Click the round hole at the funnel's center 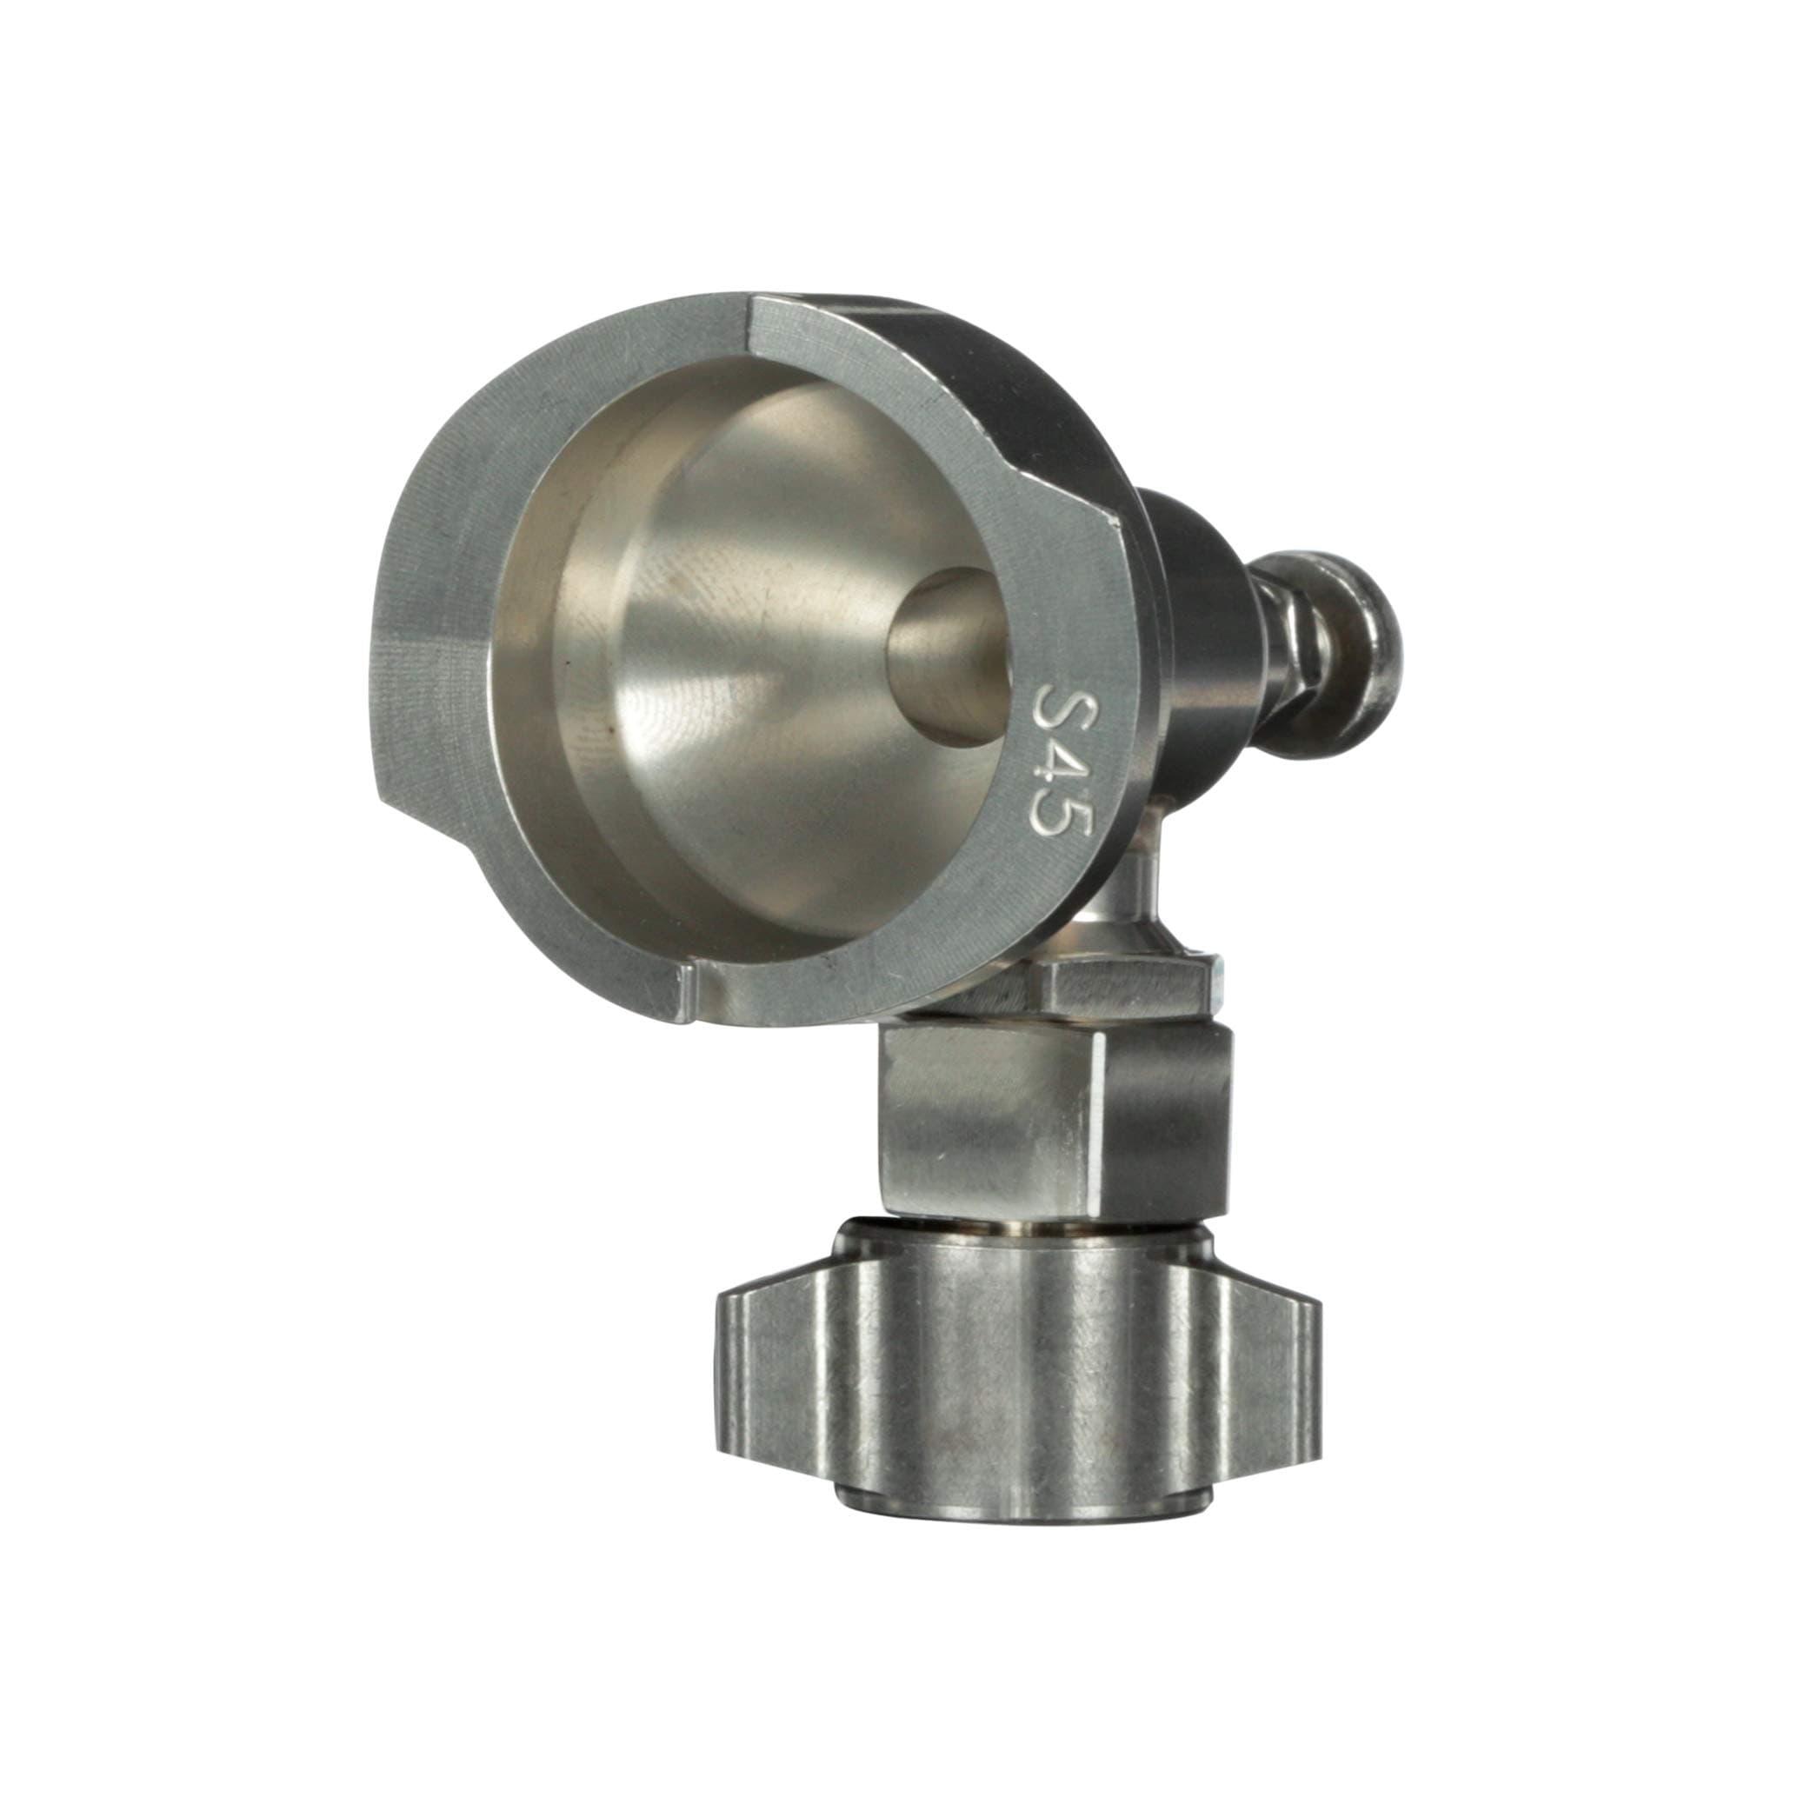pyautogui.click(x=947, y=656)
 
